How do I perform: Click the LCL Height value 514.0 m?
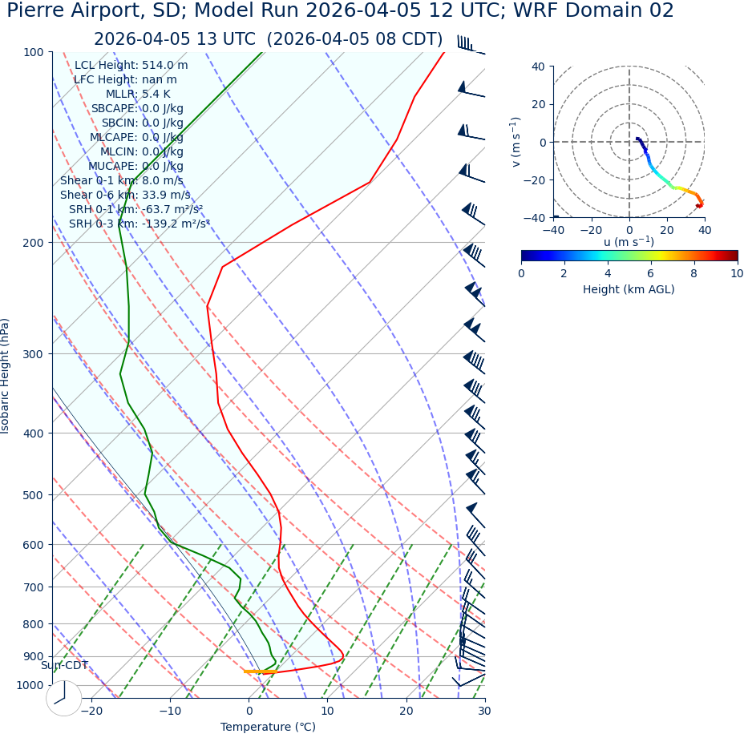165,66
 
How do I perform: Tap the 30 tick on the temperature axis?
484,712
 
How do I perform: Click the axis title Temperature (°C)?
268,728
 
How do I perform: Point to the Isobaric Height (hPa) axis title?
6,377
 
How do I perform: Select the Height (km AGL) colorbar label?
629,289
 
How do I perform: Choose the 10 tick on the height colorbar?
737,273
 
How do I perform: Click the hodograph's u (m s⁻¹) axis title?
629,242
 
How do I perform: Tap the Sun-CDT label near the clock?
64,666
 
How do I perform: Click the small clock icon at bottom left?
64,698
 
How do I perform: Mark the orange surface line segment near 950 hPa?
260,671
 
